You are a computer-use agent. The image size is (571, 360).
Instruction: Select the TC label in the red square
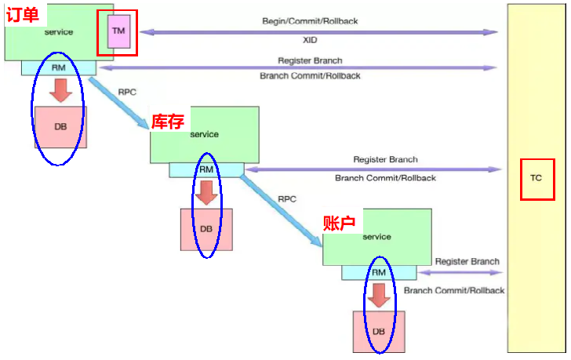[x=536, y=178]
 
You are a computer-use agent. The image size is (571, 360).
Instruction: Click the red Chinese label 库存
[x=167, y=121]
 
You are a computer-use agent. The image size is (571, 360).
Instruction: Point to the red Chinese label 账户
[x=339, y=223]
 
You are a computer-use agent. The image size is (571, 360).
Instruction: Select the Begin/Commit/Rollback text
[x=310, y=21]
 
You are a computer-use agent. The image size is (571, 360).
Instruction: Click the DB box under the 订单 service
[x=60, y=126]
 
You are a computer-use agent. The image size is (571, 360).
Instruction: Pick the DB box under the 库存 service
[x=206, y=229]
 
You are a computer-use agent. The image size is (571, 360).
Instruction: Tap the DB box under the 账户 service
[x=379, y=332]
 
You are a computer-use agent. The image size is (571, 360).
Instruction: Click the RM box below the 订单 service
[x=58, y=67]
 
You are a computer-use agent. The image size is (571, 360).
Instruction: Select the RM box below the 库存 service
[x=206, y=169]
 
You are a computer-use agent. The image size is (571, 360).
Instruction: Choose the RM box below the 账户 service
[x=379, y=272]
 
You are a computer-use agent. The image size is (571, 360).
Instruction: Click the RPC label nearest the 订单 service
[x=127, y=92]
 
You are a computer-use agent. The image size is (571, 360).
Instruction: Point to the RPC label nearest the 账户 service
[x=287, y=199]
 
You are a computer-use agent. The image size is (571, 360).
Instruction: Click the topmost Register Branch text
[x=310, y=60]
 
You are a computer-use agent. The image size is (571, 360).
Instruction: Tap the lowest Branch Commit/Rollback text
[x=454, y=291]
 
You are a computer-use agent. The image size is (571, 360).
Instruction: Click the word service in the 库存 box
[x=205, y=134]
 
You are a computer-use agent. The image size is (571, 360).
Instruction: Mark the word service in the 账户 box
[x=377, y=237]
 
